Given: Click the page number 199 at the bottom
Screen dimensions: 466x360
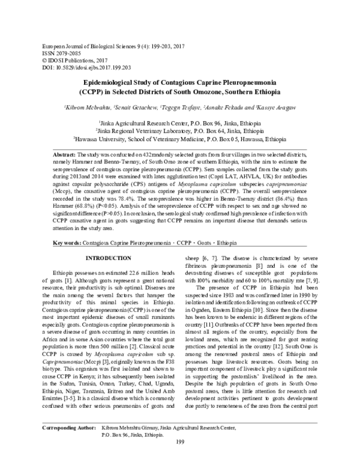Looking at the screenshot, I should [x=180, y=459].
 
